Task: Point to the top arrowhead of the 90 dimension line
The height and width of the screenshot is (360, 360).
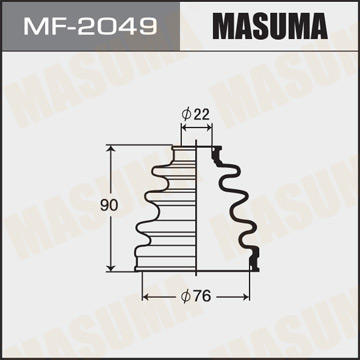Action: coord(110,147)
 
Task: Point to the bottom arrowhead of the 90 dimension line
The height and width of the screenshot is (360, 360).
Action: coord(110,268)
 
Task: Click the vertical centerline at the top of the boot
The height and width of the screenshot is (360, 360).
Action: coord(198,135)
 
